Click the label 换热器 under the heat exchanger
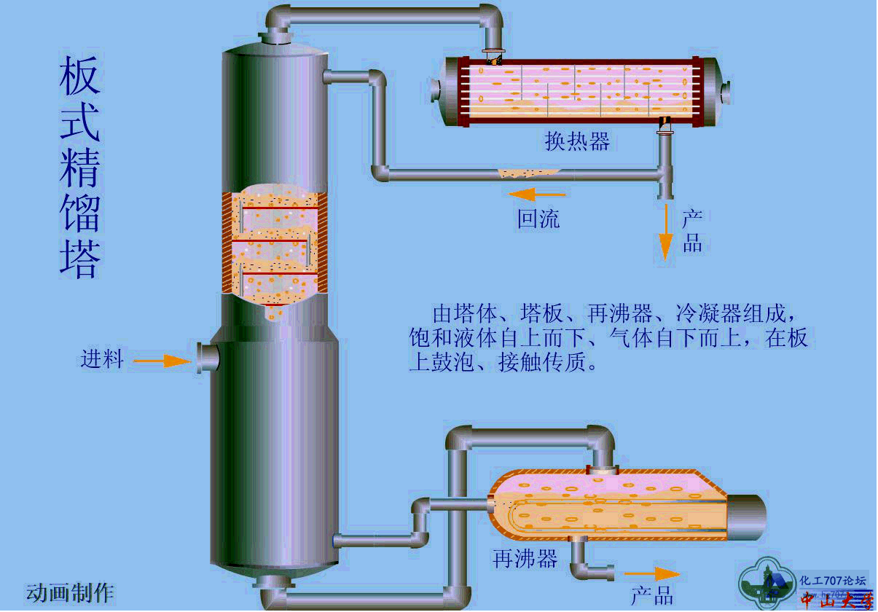577,141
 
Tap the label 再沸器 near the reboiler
525,560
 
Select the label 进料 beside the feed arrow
102,359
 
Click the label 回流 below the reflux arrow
538,219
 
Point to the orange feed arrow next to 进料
162,361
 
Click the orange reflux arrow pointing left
536,195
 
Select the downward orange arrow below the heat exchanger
665,233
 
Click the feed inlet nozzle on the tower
208,358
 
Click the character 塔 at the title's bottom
79,259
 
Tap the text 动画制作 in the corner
70,592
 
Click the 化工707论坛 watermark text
833,581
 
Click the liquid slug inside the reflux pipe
528,173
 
